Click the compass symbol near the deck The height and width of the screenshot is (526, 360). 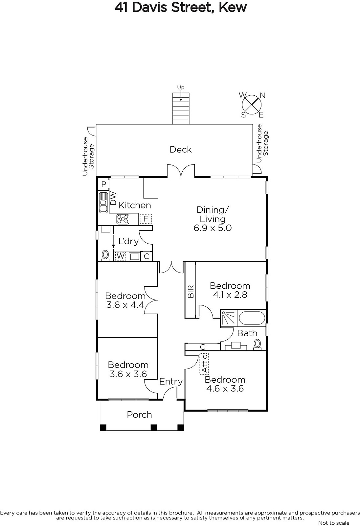(252, 105)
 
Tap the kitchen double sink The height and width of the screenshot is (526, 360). (103, 203)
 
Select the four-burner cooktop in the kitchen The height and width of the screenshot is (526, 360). (123, 219)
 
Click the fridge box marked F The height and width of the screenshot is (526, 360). (146, 219)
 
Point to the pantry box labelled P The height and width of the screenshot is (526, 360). (103, 184)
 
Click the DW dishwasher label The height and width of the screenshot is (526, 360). (113, 198)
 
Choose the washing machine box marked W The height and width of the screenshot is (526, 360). (121, 256)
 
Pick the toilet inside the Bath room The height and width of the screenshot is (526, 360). (258, 345)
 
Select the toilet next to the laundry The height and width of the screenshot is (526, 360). (105, 255)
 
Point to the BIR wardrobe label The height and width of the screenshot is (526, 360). (191, 291)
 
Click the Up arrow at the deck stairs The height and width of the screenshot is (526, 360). (181, 96)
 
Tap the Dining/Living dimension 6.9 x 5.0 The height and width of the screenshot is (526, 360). (213, 228)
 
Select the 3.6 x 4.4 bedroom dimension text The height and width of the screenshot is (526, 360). (125, 305)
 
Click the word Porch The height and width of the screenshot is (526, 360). (139, 415)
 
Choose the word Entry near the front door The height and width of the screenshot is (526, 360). (171, 382)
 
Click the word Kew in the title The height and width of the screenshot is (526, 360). (233, 8)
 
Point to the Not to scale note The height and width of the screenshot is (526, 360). (334, 523)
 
